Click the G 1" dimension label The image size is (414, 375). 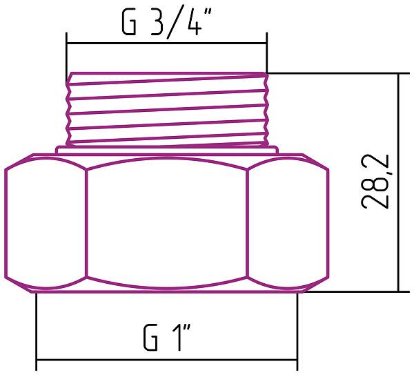click(x=167, y=338)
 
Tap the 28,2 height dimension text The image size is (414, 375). click(x=377, y=181)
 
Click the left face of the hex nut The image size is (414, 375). click(x=46, y=224)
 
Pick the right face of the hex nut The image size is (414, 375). click(x=286, y=224)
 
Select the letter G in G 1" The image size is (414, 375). click(x=150, y=338)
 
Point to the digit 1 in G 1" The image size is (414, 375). click(x=176, y=338)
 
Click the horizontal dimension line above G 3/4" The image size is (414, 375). click(x=166, y=44)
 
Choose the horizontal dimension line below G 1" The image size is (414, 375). click(x=166, y=360)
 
